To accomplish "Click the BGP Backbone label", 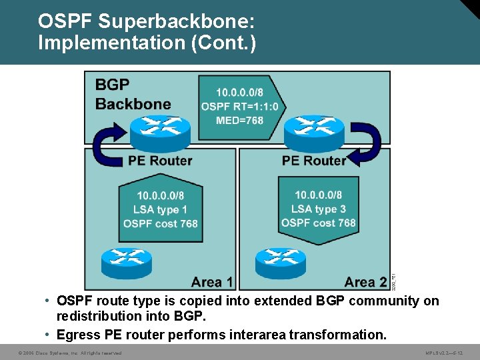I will [x=133, y=95].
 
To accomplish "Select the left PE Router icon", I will [x=160, y=133].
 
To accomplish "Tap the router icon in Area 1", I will [x=127, y=261].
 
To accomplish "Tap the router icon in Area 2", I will [x=281, y=262].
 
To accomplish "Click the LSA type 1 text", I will [x=161, y=209].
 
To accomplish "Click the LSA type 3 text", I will [x=319, y=209].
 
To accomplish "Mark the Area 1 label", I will [x=212, y=281].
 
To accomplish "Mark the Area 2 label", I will [x=365, y=281].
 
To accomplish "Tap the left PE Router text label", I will [x=160, y=161].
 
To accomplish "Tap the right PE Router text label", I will [x=314, y=161].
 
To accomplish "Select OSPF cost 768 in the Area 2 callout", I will [x=319, y=223].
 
